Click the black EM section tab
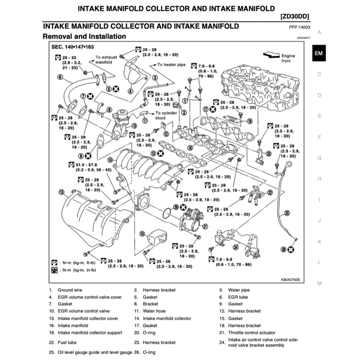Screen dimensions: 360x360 [319, 53]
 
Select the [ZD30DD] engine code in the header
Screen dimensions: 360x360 [295, 17]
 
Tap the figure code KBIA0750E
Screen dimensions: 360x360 [290, 280]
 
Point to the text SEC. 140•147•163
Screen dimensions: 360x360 [73, 47]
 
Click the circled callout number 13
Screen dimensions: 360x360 [62, 192]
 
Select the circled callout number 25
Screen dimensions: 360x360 [287, 212]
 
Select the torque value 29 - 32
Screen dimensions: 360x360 [68, 57]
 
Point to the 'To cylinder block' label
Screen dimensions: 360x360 [166, 116]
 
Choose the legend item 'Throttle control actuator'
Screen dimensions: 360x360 [252, 333]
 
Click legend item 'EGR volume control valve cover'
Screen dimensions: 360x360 [90, 297]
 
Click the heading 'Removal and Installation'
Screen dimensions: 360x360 [84, 36]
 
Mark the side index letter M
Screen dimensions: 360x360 [319, 283]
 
